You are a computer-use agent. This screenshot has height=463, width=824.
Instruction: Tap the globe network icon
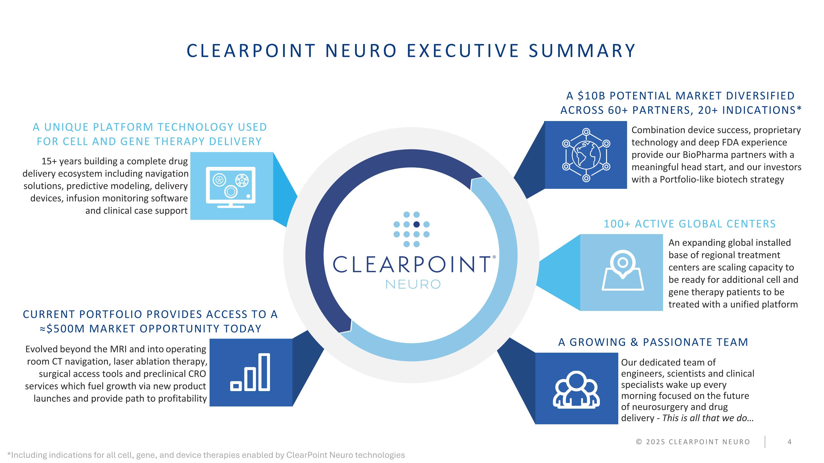click(x=586, y=155)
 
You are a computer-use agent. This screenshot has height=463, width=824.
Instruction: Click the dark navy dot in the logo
click(x=416, y=224)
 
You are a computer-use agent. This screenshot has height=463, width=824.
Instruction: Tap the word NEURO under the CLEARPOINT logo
click(x=413, y=284)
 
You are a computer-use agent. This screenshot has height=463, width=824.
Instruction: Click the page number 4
click(x=789, y=442)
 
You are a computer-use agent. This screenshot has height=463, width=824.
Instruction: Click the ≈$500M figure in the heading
click(x=62, y=329)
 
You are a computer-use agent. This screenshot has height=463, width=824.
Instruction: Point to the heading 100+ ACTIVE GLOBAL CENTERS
click(x=690, y=224)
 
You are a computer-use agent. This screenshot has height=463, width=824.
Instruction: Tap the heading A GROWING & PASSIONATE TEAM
click(x=653, y=342)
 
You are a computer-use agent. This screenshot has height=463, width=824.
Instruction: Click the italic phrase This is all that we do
click(x=708, y=418)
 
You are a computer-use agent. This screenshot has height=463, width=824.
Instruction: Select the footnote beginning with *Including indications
click(x=206, y=455)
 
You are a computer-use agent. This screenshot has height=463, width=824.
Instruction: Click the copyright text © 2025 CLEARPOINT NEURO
click(x=693, y=442)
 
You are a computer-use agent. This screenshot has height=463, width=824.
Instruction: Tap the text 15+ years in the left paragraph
click(x=62, y=161)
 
